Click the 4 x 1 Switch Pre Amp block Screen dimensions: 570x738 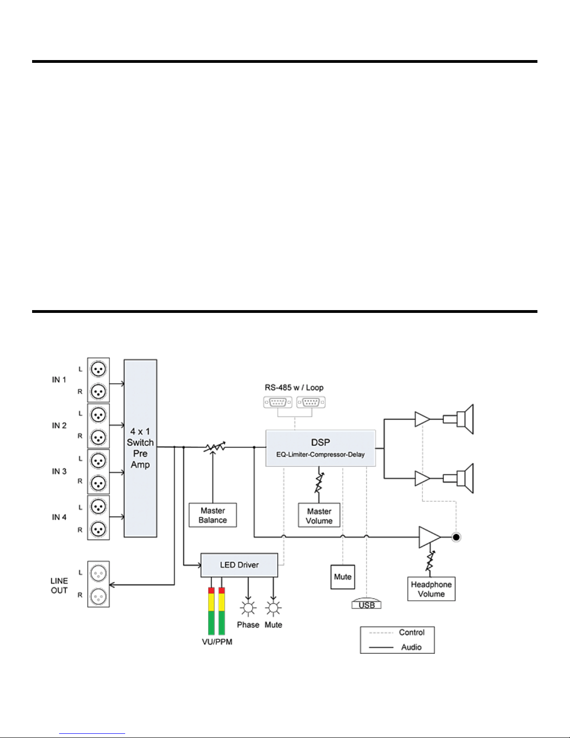(x=140, y=448)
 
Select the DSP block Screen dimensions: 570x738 (x=321, y=448)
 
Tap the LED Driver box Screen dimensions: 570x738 (x=239, y=565)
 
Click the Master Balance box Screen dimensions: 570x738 (x=213, y=515)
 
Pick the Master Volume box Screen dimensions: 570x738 (x=319, y=515)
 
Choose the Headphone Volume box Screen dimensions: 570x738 (x=431, y=589)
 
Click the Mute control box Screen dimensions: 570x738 (x=342, y=577)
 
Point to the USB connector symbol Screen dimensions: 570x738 (x=367, y=603)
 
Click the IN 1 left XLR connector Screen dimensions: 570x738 (x=98, y=369)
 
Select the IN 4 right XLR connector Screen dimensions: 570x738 (x=98, y=529)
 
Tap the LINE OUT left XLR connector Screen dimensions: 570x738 (x=98, y=573)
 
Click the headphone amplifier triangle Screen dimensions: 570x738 (x=429, y=537)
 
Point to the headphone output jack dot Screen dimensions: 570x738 (x=456, y=537)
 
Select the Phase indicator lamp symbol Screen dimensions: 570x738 (x=248, y=608)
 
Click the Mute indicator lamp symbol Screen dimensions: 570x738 (x=273, y=608)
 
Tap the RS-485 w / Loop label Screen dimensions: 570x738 (x=294, y=387)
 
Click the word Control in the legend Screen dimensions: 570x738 (x=411, y=632)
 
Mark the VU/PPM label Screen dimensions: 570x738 (x=217, y=642)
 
